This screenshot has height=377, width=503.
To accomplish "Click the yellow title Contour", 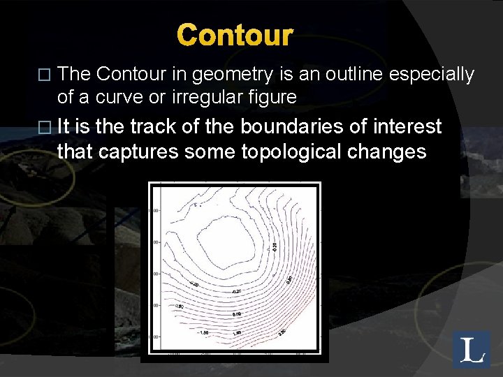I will coord(235,34).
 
